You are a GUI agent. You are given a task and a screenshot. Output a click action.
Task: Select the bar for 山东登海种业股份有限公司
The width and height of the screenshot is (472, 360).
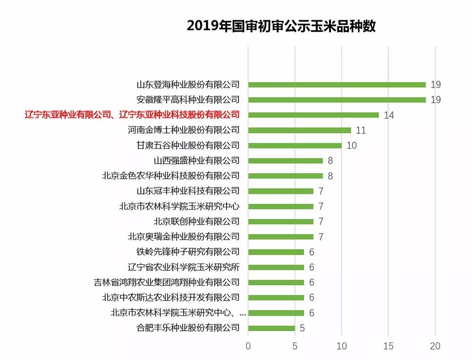point(337,85)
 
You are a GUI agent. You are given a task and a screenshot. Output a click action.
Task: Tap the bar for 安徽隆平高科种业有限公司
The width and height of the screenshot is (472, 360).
point(337,100)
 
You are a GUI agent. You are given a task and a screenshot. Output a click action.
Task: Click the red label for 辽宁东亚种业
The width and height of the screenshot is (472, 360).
point(132,115)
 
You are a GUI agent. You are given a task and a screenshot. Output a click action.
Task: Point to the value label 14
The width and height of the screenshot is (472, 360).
point(388,115)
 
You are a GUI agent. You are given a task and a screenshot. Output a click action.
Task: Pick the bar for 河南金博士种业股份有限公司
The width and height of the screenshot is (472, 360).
point(300,130)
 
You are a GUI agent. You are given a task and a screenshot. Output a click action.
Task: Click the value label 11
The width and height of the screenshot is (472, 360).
point(361,131)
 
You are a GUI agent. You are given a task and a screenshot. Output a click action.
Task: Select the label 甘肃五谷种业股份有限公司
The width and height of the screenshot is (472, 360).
point(188,145)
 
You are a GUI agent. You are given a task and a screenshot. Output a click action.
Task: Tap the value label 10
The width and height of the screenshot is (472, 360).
point(351,146)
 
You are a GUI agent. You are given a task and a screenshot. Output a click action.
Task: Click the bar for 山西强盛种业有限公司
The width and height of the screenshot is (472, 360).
point(286,160)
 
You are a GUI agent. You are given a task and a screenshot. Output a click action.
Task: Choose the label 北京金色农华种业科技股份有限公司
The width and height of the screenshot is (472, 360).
point(171,176)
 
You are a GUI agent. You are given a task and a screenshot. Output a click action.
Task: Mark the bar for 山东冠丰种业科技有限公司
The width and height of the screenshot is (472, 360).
point(281,191)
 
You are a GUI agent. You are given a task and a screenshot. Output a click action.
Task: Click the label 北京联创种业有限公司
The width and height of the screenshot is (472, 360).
point(196,221)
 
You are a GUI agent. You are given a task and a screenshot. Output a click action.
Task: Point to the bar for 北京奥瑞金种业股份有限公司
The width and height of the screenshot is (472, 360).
point(281,236)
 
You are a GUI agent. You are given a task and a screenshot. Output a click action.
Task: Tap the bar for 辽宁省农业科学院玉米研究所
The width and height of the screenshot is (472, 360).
point(276,267)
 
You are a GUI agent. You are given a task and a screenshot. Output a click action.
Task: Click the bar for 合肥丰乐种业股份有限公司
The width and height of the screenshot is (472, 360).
point(271,328)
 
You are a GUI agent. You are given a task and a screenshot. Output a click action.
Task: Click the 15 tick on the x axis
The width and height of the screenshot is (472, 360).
point(388,346)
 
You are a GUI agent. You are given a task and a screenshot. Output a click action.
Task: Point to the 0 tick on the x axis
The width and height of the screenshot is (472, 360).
point(248,346)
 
